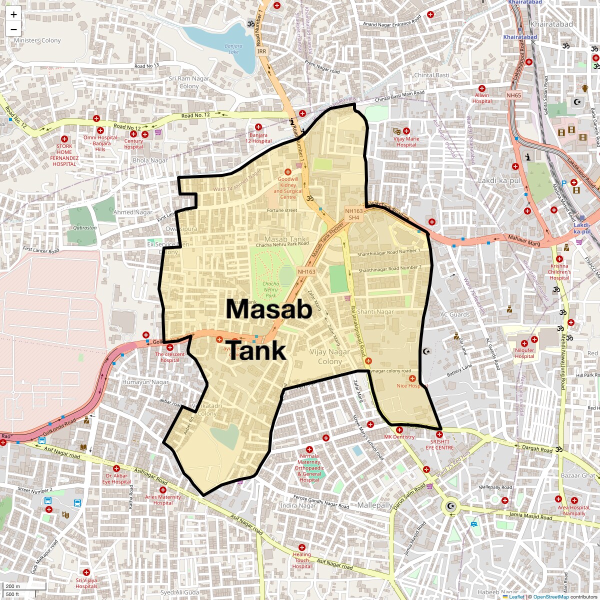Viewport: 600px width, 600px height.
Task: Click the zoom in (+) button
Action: pos(13,14)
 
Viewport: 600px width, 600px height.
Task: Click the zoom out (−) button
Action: pos(13,28)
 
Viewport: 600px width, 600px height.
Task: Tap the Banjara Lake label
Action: pos(233,48)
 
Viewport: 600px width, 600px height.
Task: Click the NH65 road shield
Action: pos(513,95)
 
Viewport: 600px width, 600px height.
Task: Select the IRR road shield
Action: pos(262,51)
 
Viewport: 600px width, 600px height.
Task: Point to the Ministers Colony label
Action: pos(37,40)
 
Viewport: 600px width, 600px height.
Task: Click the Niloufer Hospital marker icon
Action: pos(524,343)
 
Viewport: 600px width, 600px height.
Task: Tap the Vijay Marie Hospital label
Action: pos(406,142)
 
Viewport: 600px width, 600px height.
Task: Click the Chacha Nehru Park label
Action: pos(271,289)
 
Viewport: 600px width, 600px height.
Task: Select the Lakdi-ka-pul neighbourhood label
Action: pos(499,180)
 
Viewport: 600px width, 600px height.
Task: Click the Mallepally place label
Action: pos(374,505)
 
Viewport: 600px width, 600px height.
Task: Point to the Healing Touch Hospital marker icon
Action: pos(302,547)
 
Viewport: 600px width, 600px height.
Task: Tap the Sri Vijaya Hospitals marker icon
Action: pos(86,572)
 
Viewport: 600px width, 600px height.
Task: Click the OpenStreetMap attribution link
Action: pos(550,596)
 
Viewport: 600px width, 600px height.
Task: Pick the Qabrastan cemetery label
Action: pos(85,227)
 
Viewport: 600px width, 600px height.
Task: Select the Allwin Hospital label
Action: pos(482,98)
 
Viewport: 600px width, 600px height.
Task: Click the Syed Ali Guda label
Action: pos(179,592)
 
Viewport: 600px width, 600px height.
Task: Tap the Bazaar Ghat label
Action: pos(578,475)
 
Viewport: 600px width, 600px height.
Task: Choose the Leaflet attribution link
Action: pos(516,596)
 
